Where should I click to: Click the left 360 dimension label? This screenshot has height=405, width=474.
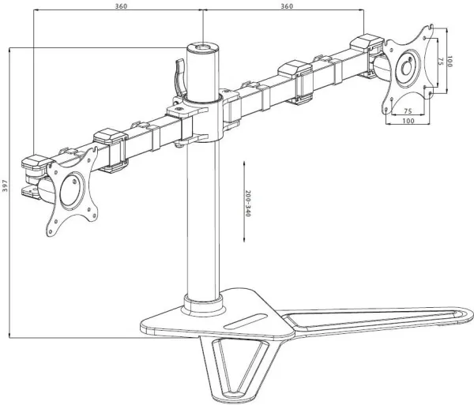(x=121, y=6)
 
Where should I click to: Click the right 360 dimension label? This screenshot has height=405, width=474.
(x=287, y=6)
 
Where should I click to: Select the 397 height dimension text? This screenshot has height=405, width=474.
(x=5, y=186)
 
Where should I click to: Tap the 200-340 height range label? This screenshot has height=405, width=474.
(x=248, y=203)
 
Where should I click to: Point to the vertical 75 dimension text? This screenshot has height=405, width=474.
(x=440, y=62)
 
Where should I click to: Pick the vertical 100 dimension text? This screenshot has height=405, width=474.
(x=450, y=62)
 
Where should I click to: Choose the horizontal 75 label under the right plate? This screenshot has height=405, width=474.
(x=408, y=111)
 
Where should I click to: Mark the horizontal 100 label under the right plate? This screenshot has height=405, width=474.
(x=408, y=121)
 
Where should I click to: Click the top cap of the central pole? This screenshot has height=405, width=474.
(x=202, y=47)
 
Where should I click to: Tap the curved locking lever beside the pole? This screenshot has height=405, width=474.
(x=180, y=77)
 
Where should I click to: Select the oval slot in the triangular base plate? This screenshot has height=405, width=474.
(x=246, y=321)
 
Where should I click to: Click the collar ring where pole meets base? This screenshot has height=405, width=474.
(x=203, y=305)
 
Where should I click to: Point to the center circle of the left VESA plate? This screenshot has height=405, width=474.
(x=71, y=189)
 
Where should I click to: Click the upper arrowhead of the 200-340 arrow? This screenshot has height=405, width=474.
(x=244, y=163)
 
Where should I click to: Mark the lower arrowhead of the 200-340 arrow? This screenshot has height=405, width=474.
(x=244, y=239)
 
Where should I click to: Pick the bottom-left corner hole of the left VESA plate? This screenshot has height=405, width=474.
(x=50, y=232)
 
